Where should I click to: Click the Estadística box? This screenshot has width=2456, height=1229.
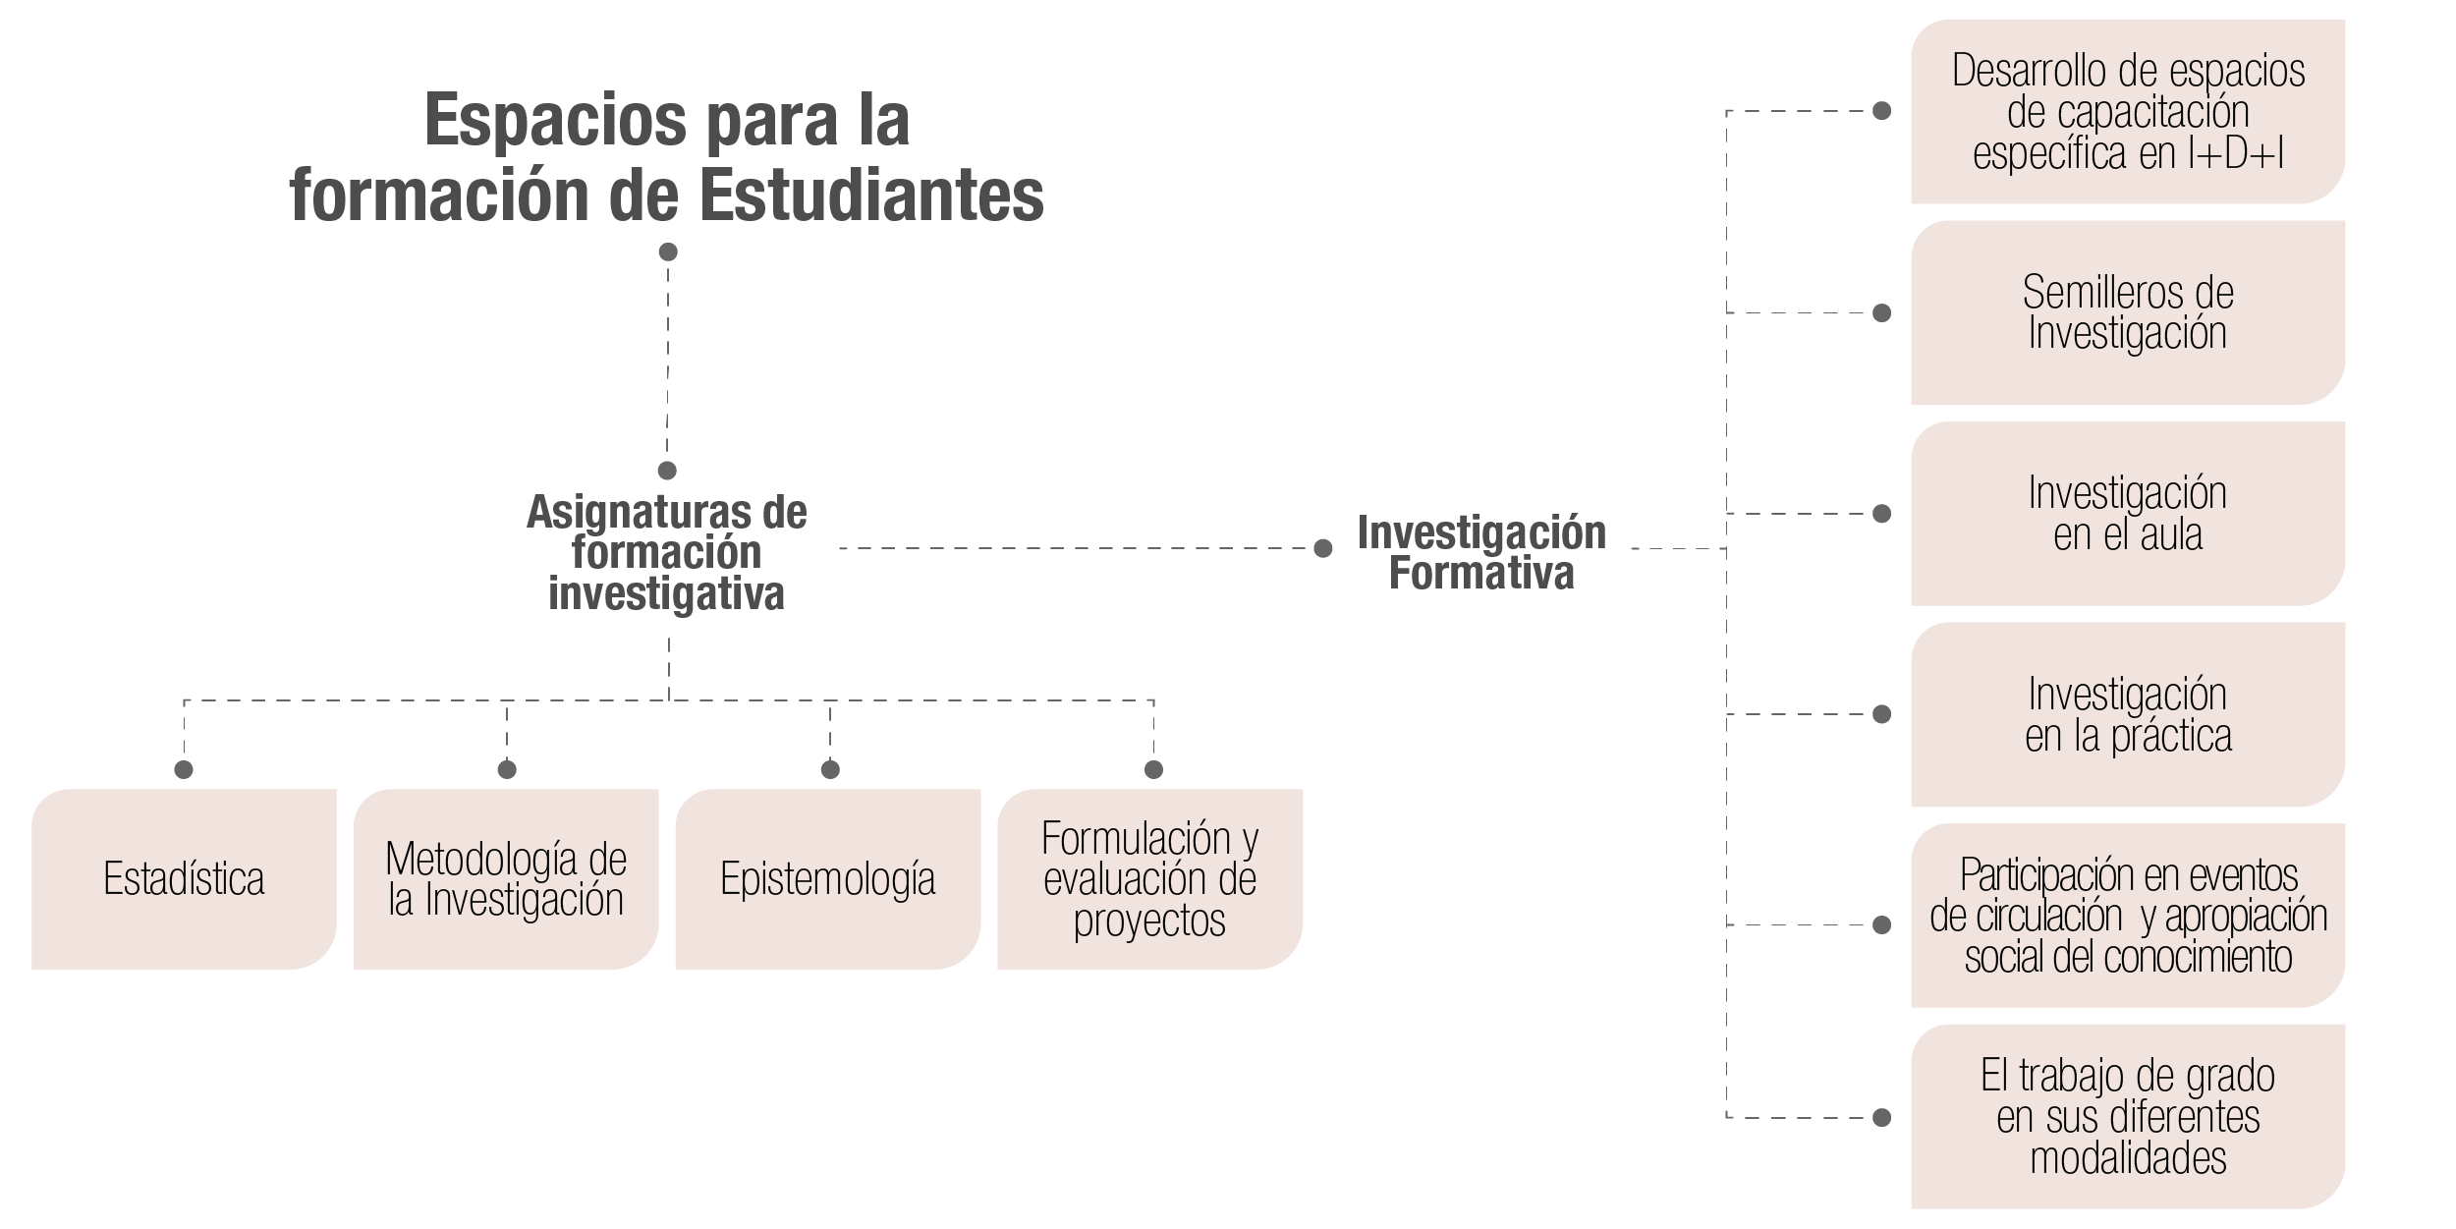pyautogui.click(x=184, y=879)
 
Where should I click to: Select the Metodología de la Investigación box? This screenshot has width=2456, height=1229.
pyautogui.click(x=506, y=879)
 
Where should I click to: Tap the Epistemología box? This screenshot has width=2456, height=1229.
pyautogui.click(x=828, y=879)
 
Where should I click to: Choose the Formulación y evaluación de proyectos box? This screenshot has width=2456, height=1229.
pyautogui.click(x=1150, y=879)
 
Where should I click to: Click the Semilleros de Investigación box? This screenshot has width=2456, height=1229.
pyautogui.click(x=2128, y=312)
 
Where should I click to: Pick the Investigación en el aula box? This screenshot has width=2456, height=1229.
pyautogui.click(x=2128, y=514)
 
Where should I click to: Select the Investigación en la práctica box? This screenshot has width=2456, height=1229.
pyautogui.click(x=2128, y=714)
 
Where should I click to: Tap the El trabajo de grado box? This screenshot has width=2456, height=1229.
pyautogui.click(x=2128, y=1117)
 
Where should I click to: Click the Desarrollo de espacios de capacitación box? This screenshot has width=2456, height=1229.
pyautogui.click(x=2128, y=111)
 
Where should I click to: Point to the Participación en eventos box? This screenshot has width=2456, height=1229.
pyautogui.click(x=2128, y=916)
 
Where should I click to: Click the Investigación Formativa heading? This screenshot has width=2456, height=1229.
pyautogui.click(x=1481, y=552)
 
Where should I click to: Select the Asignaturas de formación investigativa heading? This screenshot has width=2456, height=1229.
pyautogui.click(x=667, y=552)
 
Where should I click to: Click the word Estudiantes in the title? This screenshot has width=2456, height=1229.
pyautogui.click(x=871, y=196)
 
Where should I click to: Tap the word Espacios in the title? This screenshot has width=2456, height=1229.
pyautogui.click(x=556, y=120)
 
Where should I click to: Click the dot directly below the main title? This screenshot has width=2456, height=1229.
pyautogui.click(x=668, y=252)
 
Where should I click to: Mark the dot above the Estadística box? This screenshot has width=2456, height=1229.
pyautogui.click(x=184, y=769)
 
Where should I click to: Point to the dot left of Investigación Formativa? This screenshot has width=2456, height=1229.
pyautogui.click(x=1323, y=548)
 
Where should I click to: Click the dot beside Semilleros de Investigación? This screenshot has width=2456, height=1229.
pyautogui.click(x=1882, y=313)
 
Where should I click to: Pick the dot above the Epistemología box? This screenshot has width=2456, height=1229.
pyautogui.click(x=830, y=769)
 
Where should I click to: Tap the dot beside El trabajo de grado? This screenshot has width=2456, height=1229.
pyautogui.click(x=1882, y=1118)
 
